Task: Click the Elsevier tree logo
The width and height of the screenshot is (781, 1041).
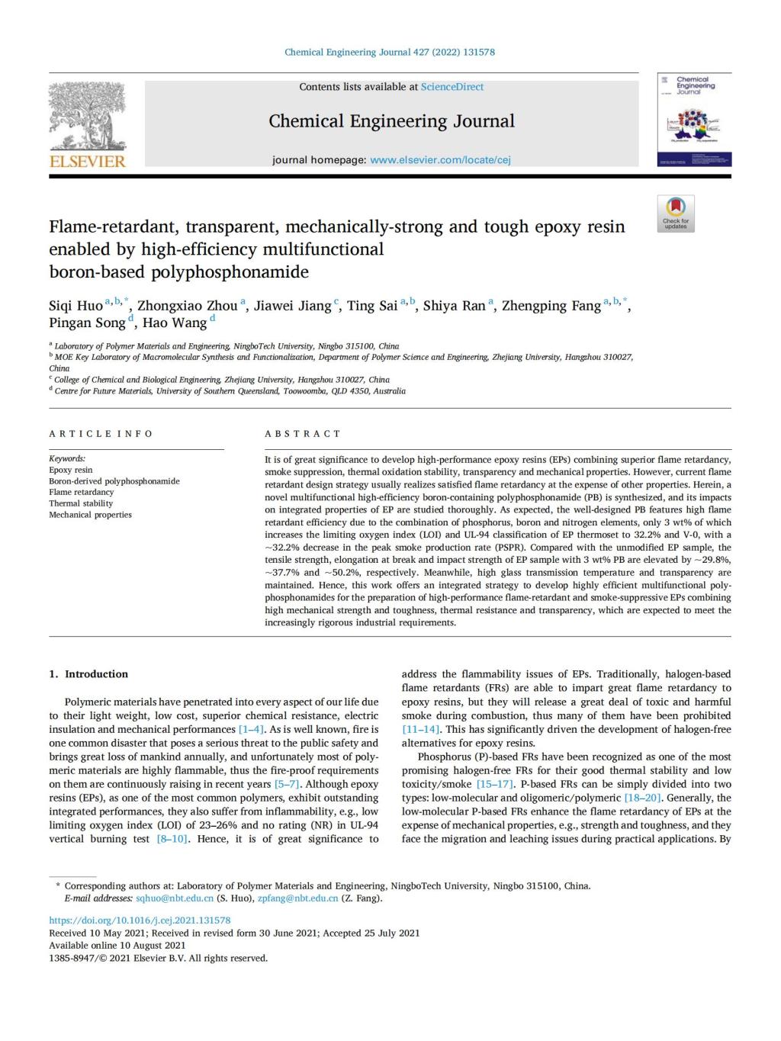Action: coord(87,114)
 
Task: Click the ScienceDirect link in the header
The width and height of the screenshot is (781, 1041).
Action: coord(452,87)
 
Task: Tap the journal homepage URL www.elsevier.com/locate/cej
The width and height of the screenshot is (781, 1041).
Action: coord(440,160)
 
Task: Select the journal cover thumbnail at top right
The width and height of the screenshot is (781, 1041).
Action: coord(694,120)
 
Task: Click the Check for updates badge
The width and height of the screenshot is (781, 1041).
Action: coord(676,214)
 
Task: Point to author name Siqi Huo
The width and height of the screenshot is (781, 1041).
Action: coord(76,306)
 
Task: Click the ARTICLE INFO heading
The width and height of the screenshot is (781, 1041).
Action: coord(101,434)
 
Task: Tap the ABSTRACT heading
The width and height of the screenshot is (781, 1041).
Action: coord(303,434)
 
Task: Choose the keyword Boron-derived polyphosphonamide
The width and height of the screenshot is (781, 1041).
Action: coord(114,481)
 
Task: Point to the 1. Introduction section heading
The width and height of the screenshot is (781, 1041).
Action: coord(88,674)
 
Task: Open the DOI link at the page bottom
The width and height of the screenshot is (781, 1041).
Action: coord(140,921)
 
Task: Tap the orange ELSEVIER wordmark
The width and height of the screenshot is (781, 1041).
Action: coord(87,162)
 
